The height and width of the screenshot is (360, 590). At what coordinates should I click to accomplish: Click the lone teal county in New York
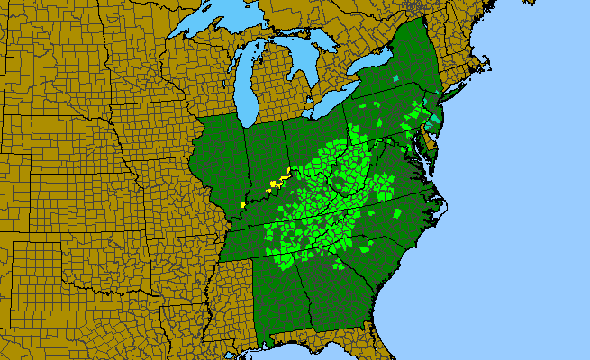[395, 79]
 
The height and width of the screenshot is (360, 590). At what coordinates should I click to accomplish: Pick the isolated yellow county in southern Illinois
[243, 206]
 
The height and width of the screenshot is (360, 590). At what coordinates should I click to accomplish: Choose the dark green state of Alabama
[281, 288]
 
